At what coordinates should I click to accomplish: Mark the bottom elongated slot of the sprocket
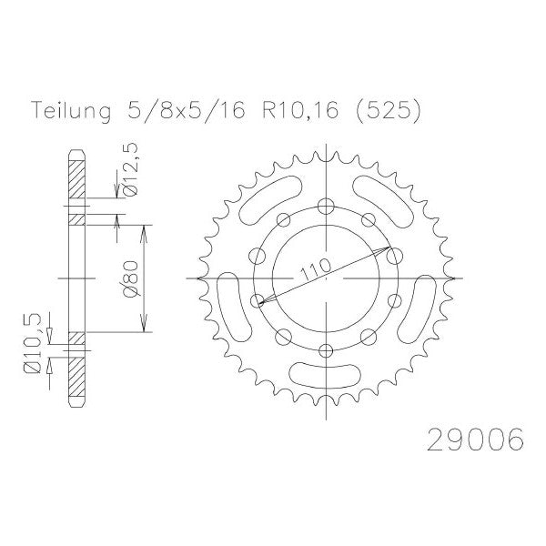click(326, 375)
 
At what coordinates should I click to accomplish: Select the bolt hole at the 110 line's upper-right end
click(392, 256)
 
